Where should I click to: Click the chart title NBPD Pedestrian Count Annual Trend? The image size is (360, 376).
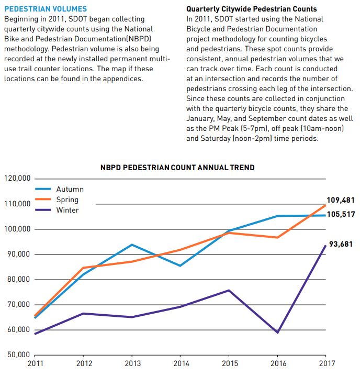(x=177, y=168)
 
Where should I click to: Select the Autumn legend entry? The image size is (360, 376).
(x=60, y=189)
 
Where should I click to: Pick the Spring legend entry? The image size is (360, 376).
(x=57, y=200)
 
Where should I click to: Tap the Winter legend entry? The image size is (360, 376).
(x=57, y=210)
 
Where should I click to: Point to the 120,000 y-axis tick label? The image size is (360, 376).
(x=17, y=179)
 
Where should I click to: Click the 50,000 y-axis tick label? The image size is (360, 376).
(x=19, y=355)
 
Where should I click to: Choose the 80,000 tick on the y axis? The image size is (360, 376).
(x=19, y=279)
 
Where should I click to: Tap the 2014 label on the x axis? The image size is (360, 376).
(x=181, y=363)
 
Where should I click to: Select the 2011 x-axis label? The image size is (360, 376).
(x=35, y=363)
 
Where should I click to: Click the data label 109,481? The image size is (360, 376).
(x=341, y=200)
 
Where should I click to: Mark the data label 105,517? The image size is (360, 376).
(x=341, y=214)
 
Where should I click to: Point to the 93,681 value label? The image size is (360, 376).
(x=341, y=244)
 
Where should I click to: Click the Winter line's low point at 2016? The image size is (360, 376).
(x=277, y=333)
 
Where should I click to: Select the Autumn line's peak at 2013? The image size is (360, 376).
(x=132, y=245)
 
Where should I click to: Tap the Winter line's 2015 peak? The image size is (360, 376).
(x=229, y=291)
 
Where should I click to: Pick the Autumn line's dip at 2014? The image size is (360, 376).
(x=180, y=266)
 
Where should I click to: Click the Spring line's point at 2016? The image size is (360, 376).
(x=277, y=237)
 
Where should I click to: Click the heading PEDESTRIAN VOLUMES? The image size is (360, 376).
(x=46, y=9)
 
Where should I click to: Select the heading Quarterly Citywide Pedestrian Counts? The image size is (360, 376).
(x=252, y=9)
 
